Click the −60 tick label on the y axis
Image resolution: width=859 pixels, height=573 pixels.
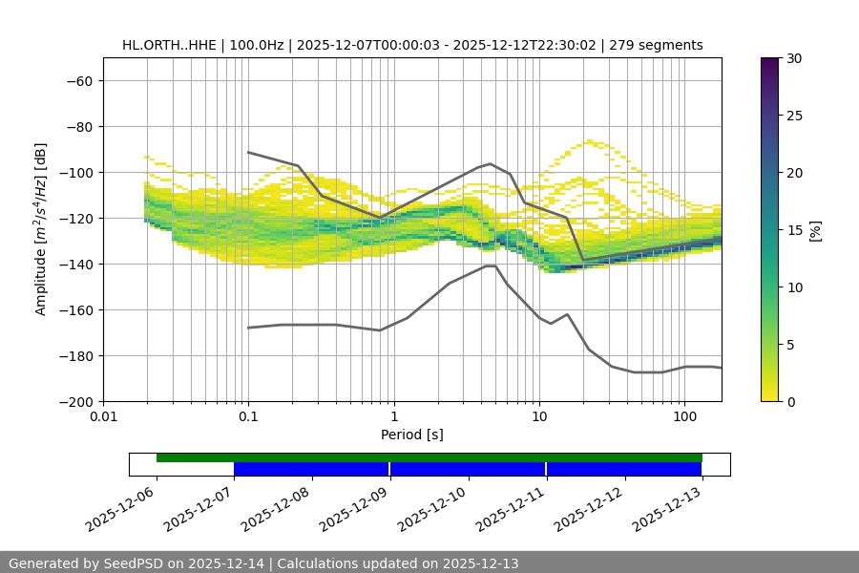click(77, 80)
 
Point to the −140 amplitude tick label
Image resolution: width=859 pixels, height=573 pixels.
click(73, 264)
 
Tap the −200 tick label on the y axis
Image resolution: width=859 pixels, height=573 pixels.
click(73, 401)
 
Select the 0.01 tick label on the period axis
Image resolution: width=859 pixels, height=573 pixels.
click(103, 417)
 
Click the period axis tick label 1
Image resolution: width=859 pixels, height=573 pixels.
click(393, 417)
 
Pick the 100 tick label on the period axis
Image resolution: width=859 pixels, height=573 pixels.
click(683, 417)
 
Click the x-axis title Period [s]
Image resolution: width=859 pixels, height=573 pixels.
click(412, 435)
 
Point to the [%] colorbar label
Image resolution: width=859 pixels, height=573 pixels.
click(815, 230)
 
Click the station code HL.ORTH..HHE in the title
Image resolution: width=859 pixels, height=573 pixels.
click(170, 45)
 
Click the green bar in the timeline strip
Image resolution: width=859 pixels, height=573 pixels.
click(429, 457)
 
